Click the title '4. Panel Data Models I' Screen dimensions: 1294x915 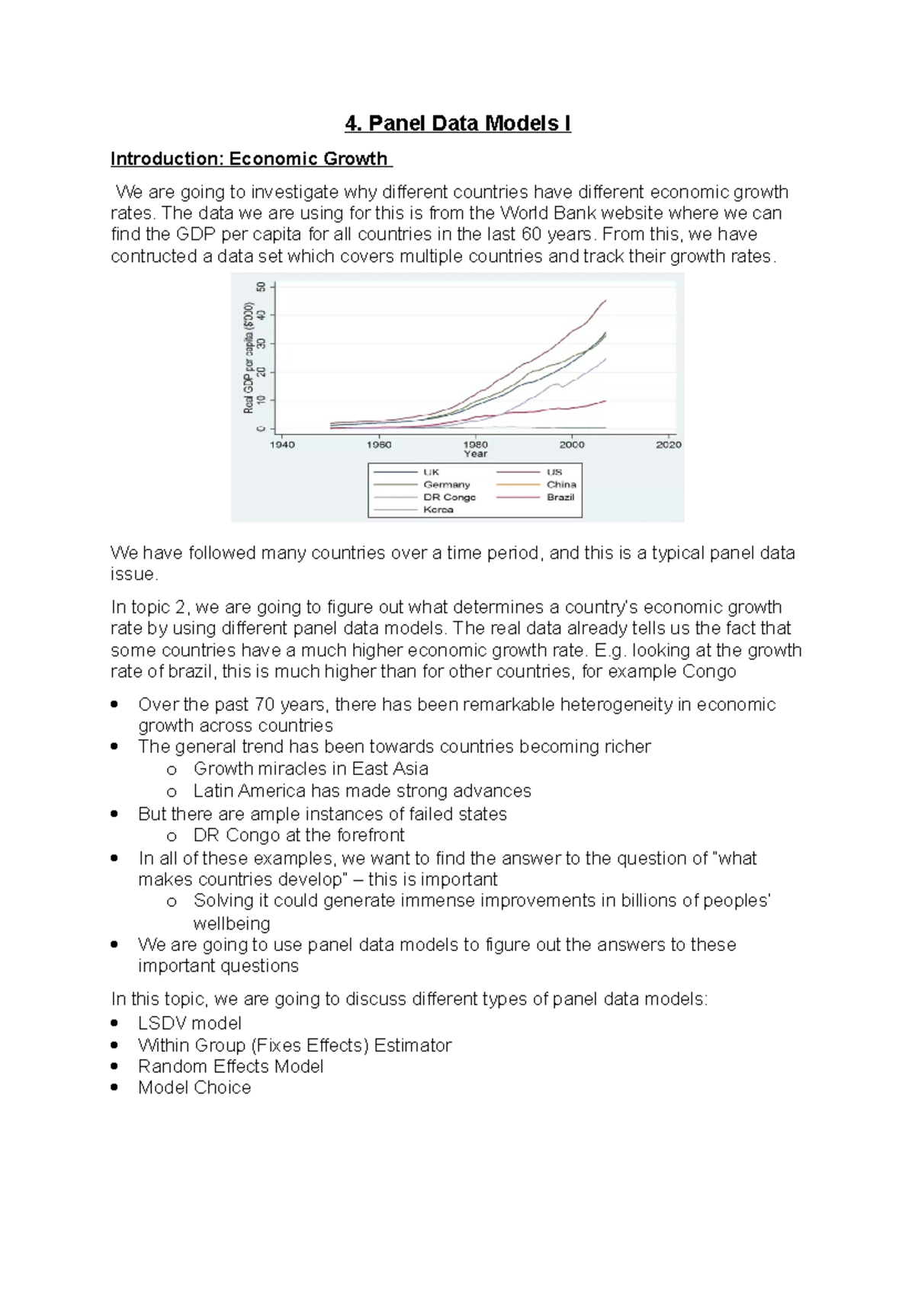point(457,123)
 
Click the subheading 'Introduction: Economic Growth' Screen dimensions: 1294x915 point(250,159)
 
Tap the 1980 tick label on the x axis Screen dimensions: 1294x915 point(476,444)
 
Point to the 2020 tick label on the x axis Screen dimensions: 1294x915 point(669,444)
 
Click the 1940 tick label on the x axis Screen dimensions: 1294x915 point(282,444)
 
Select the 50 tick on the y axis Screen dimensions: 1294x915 point(262,287)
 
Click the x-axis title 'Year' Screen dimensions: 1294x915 point(475,454)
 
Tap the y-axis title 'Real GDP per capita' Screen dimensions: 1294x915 point(249,357)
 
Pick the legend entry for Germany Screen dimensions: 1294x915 point(447,485)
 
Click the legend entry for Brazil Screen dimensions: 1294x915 point(560,497)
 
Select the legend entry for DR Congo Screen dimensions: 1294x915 point(449,497)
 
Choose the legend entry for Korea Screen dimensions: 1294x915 point(438,510)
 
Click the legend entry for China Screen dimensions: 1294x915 point(561,485)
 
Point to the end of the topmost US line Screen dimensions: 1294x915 point(605,300)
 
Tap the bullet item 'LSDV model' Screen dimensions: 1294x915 point(189,1023)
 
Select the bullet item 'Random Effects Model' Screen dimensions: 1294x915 point(230,1066)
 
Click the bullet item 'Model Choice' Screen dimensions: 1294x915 point(194,1087)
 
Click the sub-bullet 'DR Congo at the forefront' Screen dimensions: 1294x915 point(299,835)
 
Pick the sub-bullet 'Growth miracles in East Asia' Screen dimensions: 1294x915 point(310,768)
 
